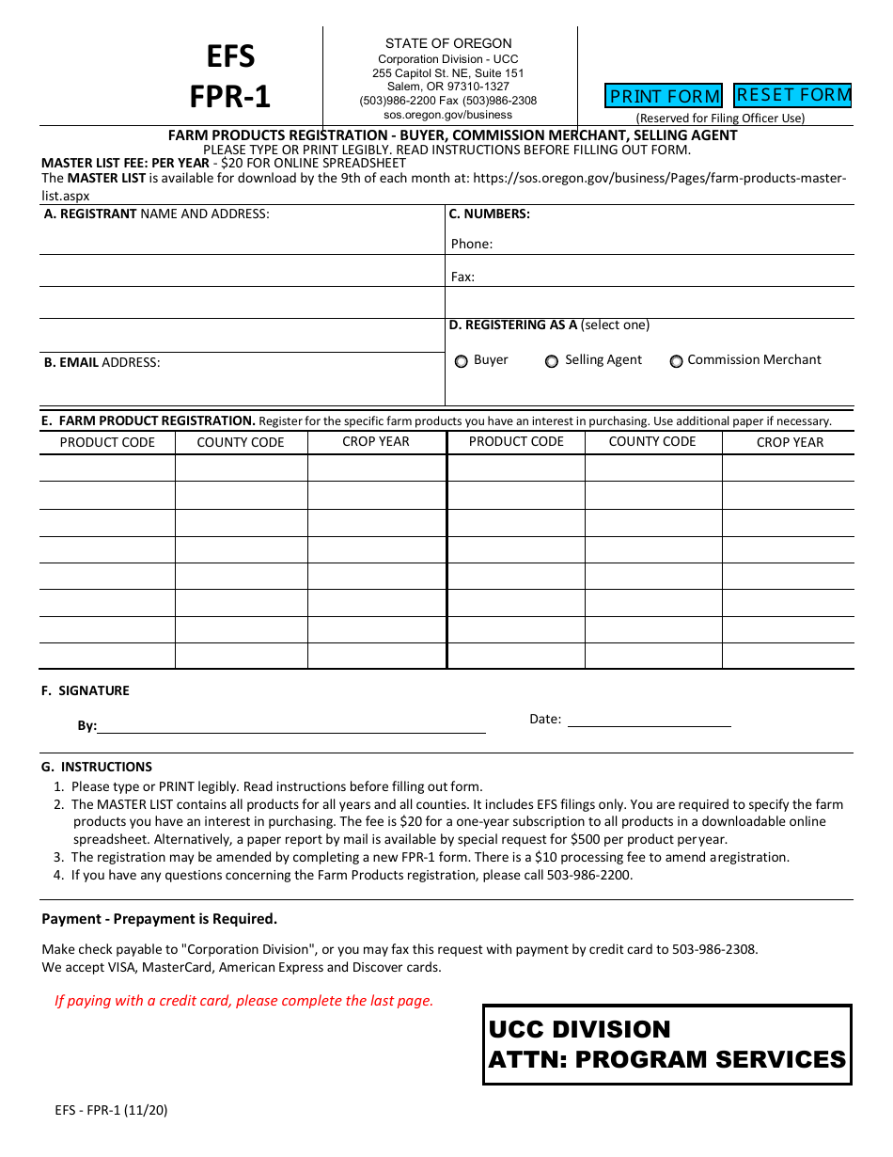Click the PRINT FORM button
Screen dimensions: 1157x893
[x=664, y=96]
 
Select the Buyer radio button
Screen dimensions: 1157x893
[x=462, y=361]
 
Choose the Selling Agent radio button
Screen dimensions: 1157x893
[x=552, y=361]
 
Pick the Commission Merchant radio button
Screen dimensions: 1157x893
[x=676, y=361]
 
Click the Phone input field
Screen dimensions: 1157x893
[x=672, y=244]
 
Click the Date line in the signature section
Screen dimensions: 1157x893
[x=649, y=720]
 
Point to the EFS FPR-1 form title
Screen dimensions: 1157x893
[x=230, y=76]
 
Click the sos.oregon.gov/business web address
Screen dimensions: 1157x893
[x=448, y=115]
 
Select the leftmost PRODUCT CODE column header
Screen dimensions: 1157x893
[x=107, y=442]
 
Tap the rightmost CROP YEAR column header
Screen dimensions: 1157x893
[x=790, y=442]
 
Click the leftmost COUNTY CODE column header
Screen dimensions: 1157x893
[x=241, y=442]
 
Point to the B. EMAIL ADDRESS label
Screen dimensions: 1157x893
[x=102, y=362]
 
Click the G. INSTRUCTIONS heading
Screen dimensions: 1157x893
[x=97, y=767]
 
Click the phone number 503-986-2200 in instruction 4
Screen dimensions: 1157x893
[x=589, y=875]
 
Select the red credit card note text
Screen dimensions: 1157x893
[x=244, y=1001]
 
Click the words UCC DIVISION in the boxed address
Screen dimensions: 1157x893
[x=580, y=1029]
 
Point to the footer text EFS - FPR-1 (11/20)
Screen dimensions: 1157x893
[x=111, y=1110]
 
